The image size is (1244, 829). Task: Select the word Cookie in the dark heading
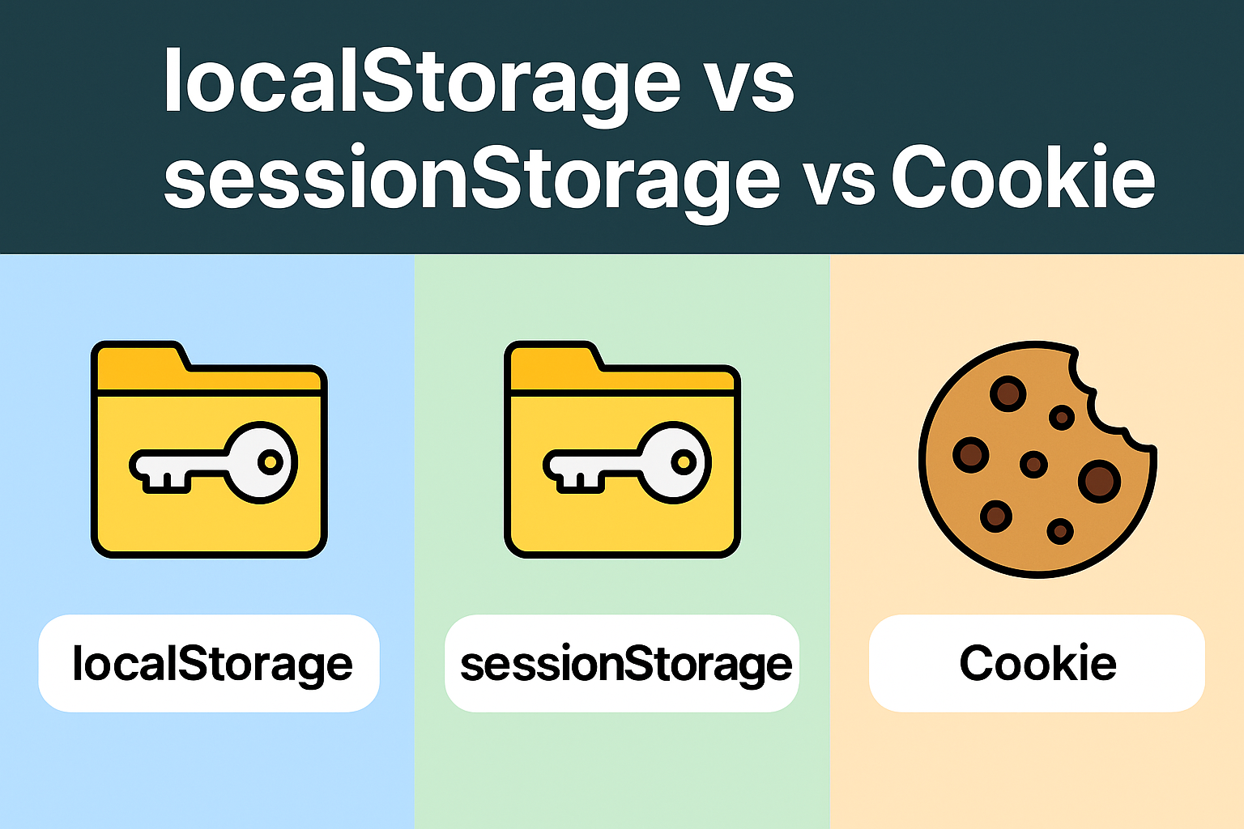pyautogui.click(x=1023, y=178)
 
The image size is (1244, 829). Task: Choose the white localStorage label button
pyautogui.click(x=209, y=664)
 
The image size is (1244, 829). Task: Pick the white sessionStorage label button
pyautogui.click(x=622, y=664)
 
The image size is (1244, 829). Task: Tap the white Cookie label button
pyautogui.click(x=1037, y=664)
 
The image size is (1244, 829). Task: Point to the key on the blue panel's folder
pyautogui.click(x=215, y=463)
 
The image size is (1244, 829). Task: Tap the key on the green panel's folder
pyautogui.click(x=628, y=463)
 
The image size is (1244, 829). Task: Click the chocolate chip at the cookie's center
pyautogui.click(x=1033, y=464)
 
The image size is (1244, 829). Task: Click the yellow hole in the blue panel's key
pyautogui.click(x=270, y=462)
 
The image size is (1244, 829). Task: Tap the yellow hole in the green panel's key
pyautogui.click(x=684, y=462)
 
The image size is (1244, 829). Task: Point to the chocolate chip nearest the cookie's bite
pyautogui.click(x=1062, y=418)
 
